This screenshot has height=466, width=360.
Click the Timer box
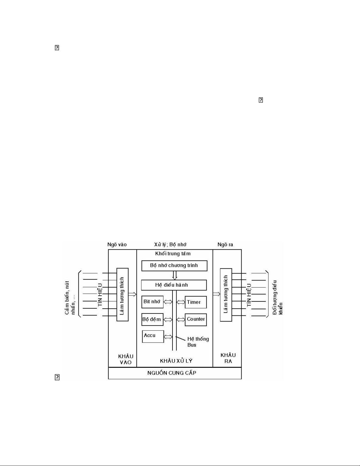coord(196,302)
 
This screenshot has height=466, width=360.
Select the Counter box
coord(196,319)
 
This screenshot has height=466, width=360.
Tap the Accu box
coord(153,336)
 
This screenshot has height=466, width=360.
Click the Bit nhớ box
coord(153,302)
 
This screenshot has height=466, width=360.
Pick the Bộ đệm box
coord(152,319)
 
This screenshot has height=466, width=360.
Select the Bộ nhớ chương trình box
coord(174,265)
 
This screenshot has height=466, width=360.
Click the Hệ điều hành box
coord(174,285)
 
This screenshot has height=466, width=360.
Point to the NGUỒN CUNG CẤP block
coord(175,373)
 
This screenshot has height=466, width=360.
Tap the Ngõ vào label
coord(117,245)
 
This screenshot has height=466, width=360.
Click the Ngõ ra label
coord(225,245)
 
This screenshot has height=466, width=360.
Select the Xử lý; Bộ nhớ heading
coord(170,245)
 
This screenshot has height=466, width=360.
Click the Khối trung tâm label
coord(173,253)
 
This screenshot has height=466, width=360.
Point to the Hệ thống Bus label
coord(198,342)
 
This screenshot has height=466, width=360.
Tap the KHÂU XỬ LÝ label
coord(176,360)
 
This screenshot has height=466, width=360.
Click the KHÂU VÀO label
coord(126,359)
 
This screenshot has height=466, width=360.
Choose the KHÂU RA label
coord(228,358)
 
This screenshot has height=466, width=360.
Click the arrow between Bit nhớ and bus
coord(168,302)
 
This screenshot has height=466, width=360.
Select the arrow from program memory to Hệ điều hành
coord(175,275)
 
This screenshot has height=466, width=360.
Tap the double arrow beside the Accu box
coord(168,337)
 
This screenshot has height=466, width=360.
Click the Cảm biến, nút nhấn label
coord(71,297)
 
